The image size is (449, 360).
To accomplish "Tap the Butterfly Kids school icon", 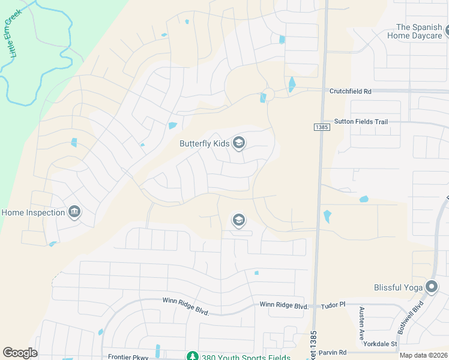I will [239, 143].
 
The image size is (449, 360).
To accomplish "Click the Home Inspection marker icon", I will [74, 212].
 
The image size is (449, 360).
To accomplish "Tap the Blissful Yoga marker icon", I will [431, 287].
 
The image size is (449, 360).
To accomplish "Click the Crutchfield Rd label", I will [351, 91].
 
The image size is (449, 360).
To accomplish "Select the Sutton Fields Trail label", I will [361, 121].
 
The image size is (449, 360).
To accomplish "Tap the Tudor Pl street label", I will [335, 305].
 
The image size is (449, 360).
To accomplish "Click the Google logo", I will [20, 353].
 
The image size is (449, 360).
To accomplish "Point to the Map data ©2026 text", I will [423, 355].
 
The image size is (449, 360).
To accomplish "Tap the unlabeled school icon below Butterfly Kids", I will [238, 220].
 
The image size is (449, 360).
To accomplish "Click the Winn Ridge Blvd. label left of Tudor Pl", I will [284, 305].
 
